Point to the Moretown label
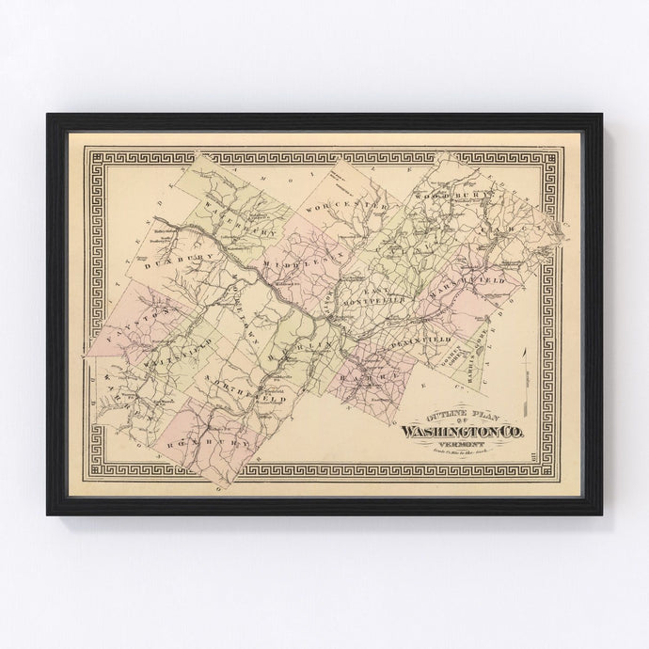tap(231, 298)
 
